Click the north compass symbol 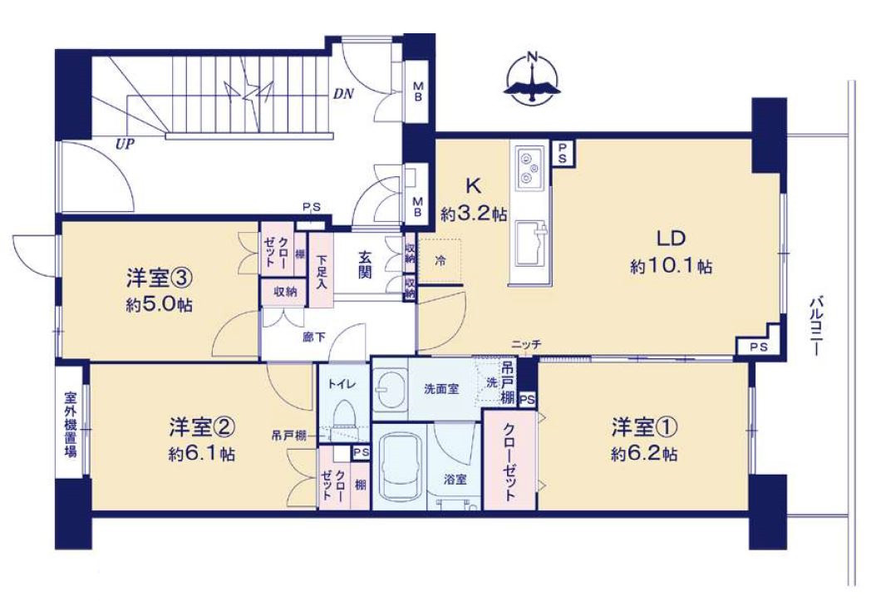[532, 78]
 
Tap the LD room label [672, 239]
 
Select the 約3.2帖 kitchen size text [473, 214]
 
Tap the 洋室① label [644, 428]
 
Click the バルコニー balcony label [816, 326]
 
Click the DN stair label [343, 93]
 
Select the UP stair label [125, 144]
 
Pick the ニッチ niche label [526, 345]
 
